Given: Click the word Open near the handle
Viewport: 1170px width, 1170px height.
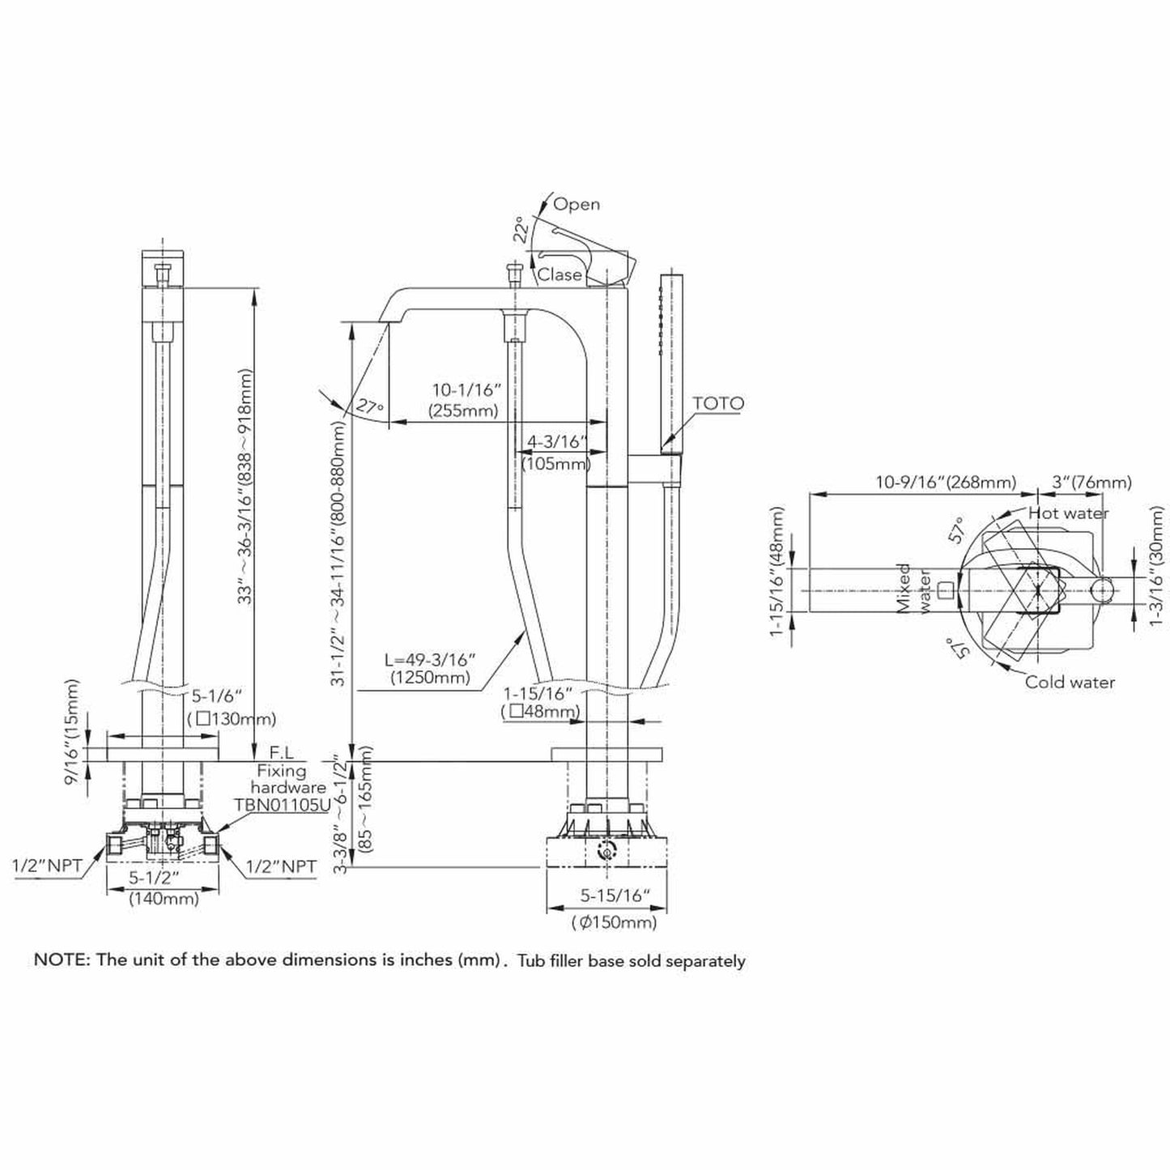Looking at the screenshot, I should tap(576, 204).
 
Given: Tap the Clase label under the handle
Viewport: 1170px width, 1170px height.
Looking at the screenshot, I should tap(559, 274).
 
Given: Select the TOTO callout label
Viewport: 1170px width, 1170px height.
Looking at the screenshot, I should tap(718, 403).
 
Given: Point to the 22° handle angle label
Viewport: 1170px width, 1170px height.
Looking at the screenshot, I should tap(524, 230).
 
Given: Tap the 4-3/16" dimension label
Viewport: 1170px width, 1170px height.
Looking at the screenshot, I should tap(555, 442).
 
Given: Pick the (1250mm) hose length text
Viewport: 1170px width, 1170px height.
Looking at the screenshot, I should tap(429, 678).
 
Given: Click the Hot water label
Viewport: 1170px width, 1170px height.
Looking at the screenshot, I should tap(1069, 513).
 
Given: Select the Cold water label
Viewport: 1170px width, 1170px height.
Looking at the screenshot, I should tap(1070, 683).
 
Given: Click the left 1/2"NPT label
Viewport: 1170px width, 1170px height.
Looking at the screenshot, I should tap(47, 866).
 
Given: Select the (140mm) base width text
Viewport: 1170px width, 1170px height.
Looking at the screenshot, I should tap(164, 898).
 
